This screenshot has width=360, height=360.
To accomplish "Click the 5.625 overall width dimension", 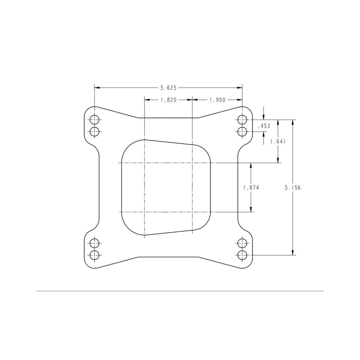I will [x=168, y=88].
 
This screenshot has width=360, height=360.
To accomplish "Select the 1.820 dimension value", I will [x=168, y=100].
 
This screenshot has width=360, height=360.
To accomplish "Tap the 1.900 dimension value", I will [x=217, y=100].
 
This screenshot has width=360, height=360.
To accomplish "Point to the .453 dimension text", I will [x=264, y=126].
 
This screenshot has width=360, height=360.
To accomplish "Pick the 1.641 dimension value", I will [x=278, y=141].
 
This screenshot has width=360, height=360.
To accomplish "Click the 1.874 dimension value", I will [x=251, y=188].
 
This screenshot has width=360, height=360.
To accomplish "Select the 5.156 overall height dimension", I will [x=292, y=188].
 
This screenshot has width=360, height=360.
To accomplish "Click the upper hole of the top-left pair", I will [x=94, y=120].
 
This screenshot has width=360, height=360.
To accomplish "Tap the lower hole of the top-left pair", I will [x=94, y=132].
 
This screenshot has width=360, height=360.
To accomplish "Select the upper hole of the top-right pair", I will [x=242, y=120].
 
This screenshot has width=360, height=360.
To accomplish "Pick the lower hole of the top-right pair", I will [x=242, y=132].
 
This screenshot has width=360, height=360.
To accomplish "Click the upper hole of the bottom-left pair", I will [x=94, y=243].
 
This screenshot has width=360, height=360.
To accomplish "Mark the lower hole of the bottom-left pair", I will [x=94, y=255].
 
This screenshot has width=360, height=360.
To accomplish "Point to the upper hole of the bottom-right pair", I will [x=242, y=243].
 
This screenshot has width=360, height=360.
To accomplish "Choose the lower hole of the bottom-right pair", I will [x=242, y=255].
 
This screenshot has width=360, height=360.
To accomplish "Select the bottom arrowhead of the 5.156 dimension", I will [x=292, y=252].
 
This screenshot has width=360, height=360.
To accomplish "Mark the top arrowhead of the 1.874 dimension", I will [x=251, y=166].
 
